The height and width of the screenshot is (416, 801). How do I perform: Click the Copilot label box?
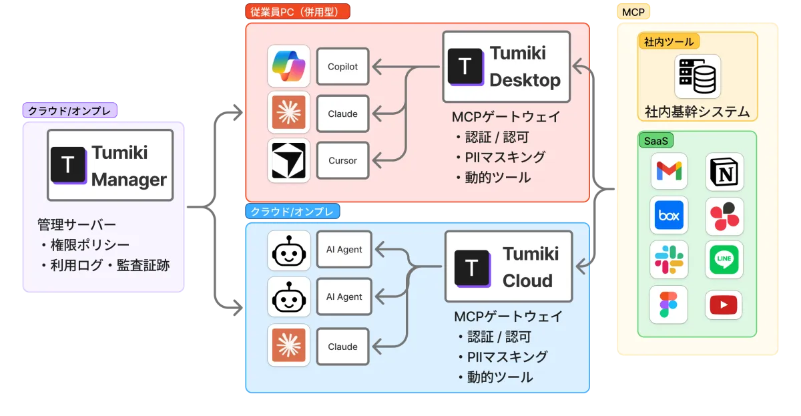tap(342, 67)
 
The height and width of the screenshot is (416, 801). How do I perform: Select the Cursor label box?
tap(342, 160)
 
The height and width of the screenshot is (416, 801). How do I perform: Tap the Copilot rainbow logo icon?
tap(288, 66)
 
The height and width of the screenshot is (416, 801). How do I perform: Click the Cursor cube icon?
tap(288, 161)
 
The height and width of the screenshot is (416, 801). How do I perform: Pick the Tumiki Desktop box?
tap(507, 67)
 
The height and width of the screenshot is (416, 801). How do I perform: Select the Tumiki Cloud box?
tap(509, 266)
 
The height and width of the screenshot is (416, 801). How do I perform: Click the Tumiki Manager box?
tap(110, 165)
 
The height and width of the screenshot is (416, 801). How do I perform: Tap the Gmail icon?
tap(669, 171)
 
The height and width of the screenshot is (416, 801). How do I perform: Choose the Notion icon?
tap(724, 172)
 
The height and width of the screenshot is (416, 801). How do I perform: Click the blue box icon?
tap(669, 215)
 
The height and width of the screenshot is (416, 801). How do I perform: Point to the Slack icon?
tap(669, 260)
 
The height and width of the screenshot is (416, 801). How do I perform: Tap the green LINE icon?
tap(724, 260)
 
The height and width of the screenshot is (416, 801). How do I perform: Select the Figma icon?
tap(668, 304)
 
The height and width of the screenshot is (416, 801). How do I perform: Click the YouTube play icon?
tap(724, 305)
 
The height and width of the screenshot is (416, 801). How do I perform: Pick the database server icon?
tap(698, 76)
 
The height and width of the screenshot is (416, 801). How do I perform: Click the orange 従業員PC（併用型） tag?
tap(298, 11)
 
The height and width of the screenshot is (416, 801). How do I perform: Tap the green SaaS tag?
tap(655, 141)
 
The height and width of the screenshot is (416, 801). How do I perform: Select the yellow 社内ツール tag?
tap(669, 42)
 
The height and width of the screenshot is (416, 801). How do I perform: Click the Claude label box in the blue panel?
tap(342, 347)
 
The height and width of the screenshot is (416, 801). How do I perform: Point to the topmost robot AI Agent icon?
tap(289, 250)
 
